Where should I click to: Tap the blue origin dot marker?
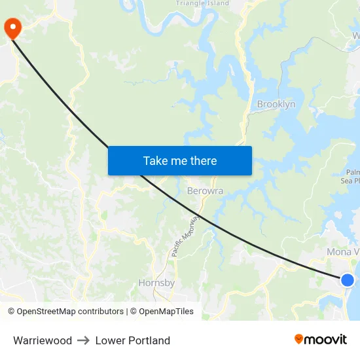pyautogui.click(x=348, y=280)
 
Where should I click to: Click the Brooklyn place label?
pyautogui.click(x=276, y=104)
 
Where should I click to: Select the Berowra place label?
pyautogui.click(x=205, y=191)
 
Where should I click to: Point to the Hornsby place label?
pyautogui.click(x=156, y=283)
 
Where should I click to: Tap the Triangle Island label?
pyautogui.click(x=202, y=3)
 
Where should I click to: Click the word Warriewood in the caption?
pyautogui.click(x=43, y=340)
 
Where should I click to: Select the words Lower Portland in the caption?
pyautogui.click(x=133, y=340)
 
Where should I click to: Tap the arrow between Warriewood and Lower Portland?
pyautogui.click(x=84, y=340)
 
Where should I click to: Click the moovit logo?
pyautogui.click(x=320, y=339)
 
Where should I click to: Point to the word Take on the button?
pyautogui.click(x=155, y=160)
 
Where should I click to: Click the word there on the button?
pyautogui.click(x=202, y=160)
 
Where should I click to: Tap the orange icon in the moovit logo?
pyautogui.click(x=298, y=339)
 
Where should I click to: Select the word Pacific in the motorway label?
pyautogui.click(x=177, y=247)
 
